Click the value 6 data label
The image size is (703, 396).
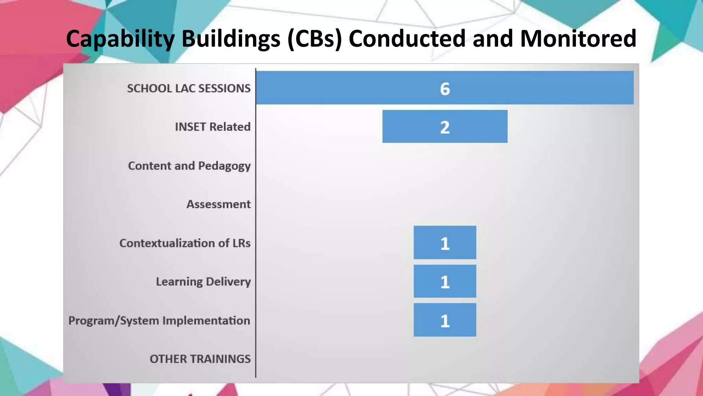[445, 89]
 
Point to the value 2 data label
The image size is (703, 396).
[445, 127]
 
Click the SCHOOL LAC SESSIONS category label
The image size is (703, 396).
[189, 88]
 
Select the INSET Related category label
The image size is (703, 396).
[213, 127]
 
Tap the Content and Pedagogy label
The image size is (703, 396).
[189, 166]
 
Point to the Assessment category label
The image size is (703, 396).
[218, 204]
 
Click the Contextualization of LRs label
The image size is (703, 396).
[185, 243]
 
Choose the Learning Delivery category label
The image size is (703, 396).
[203, 282]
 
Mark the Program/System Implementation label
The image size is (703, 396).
[159, 320]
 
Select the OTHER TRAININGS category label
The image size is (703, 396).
[200, 359]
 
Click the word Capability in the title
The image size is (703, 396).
[120, 38]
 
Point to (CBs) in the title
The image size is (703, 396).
[314, 38]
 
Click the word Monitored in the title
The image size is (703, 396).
[578, 38]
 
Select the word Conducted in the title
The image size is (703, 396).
[407, 38]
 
